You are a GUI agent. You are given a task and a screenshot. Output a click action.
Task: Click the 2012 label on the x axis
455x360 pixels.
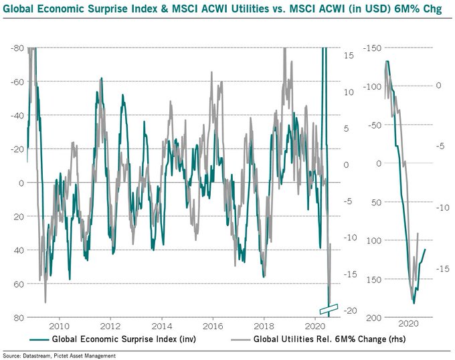[x=111, y=325]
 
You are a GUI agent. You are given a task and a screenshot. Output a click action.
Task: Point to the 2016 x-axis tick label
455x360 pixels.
[x=213, y=325]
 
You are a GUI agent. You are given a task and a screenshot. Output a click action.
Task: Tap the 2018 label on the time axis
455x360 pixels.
[x=264, y=325]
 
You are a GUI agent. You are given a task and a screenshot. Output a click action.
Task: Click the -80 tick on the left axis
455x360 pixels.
[x=18, y=48]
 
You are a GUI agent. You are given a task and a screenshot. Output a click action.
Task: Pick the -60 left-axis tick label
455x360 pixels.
[x=18, y=82]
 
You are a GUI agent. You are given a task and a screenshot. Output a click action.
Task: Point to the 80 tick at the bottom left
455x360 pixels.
[x=21, y=317]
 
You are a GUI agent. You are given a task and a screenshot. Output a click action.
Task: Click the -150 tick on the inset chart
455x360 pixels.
[x=373, y=48]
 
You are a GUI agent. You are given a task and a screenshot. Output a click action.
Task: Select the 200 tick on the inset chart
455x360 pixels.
[x=375, y=317]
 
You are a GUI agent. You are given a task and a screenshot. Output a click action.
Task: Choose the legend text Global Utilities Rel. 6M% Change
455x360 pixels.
[x=315, y=339]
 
